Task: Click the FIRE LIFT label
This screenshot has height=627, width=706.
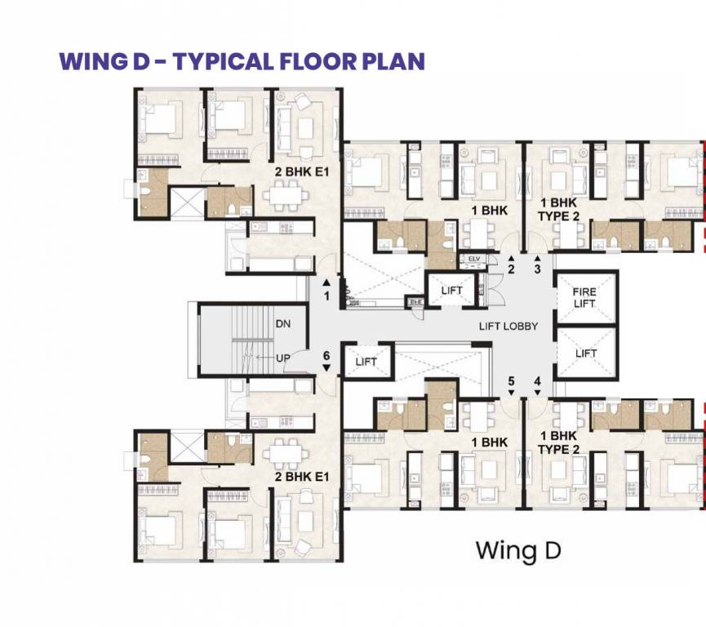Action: pyautogui.click(x=585, y=297)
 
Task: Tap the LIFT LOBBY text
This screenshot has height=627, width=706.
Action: pyautogui.click(x=508, y=327)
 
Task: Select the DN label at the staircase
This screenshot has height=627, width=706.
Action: pyautogui.click(x=283, y=324)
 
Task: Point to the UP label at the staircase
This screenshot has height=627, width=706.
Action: pyautogui.click(x=283, y=358)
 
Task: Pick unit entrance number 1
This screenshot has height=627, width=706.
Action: pyautogui.click(x=326, y=296)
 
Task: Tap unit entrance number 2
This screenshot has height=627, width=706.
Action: pyautogui.click(x=512, y=269)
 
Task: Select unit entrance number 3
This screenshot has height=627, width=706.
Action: pyautogui.click(x=537, y=269)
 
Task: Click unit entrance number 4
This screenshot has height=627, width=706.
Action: pyautogui.click(x=537, y=381)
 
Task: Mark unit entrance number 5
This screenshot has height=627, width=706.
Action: pyautogui.click(x=512, y=381)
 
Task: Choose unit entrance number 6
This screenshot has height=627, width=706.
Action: pyautogui.click(x=326, y=356)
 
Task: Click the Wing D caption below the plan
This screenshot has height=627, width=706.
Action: pyautogui.click(x=518, y=550)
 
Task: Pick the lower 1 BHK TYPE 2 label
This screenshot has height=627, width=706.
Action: pyautogui.click(x=558, y=443)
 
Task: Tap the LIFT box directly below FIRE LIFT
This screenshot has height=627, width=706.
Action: pyautogui.click(x=585, y=354)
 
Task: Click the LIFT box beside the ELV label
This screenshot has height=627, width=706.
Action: pyautogui.click(x=451, y=291)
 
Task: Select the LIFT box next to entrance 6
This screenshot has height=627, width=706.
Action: pyautogui.click(x=366, y=362)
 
